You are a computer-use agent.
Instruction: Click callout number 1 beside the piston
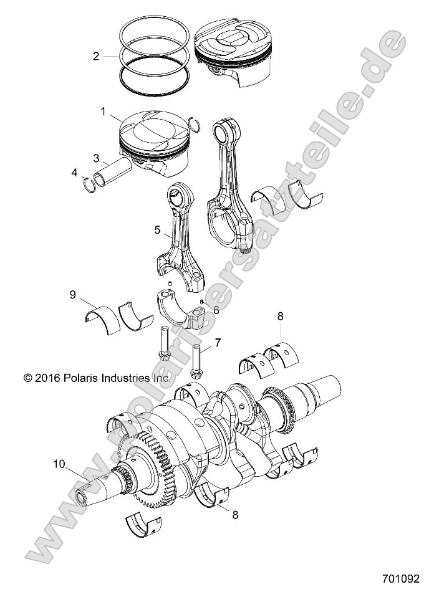[103, 111]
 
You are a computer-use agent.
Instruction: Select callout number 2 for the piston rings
[96, 56]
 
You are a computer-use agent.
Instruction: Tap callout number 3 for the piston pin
[97, 158]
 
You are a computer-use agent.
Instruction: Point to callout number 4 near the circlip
[75, 171]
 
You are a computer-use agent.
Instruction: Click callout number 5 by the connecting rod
[158, 230]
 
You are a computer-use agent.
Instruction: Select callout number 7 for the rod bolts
[218, 342]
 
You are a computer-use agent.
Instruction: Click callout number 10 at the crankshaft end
[59, 464]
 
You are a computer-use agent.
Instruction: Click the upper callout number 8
[281, 317]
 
